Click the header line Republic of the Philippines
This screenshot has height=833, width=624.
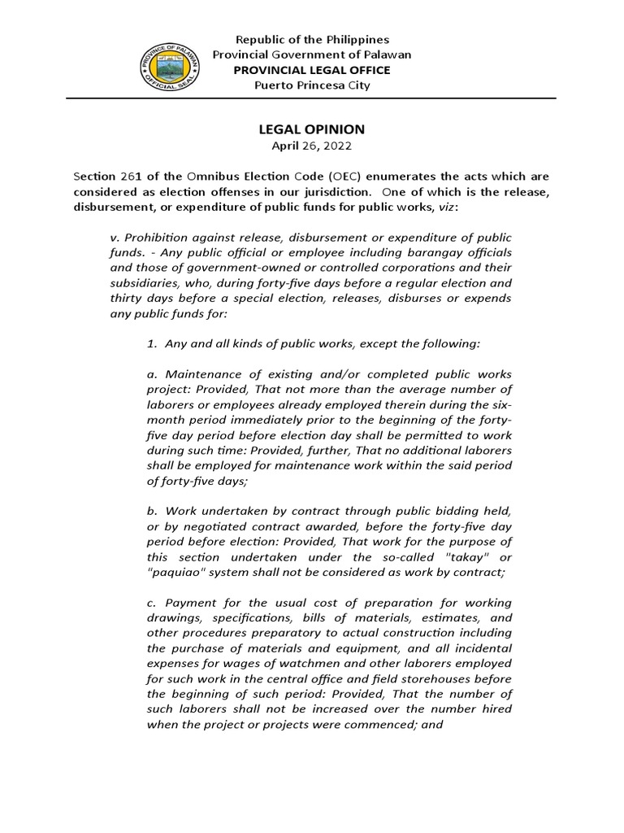[312, 39]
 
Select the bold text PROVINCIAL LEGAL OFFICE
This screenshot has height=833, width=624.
[312, 70]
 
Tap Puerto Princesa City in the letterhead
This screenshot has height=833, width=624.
[312, 85]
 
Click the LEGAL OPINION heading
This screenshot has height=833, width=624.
[312, 129]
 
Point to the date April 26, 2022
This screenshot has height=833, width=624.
[312, 146]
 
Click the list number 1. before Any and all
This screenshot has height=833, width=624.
[152, 344]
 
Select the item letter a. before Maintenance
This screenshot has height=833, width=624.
[152, 375]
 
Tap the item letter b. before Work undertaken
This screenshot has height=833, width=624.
[152, 511]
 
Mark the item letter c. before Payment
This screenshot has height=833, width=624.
[152, 603]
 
